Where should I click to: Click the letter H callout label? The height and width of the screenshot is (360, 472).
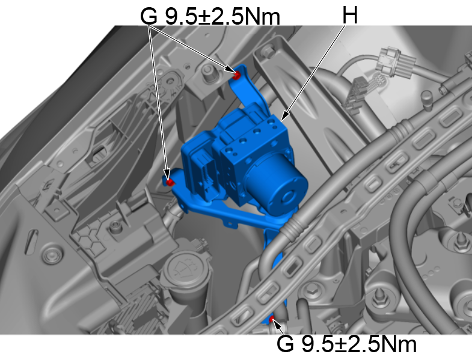click(x=349, y=15)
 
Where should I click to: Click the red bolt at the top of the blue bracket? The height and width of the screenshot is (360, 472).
click(x=237, y=75)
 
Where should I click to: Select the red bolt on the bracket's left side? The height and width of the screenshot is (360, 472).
click(x=170, y=181)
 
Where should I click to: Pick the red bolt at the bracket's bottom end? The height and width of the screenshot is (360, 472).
click(x=272, y=319)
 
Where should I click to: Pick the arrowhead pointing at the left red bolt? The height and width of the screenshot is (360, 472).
click(x=167, y=174)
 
